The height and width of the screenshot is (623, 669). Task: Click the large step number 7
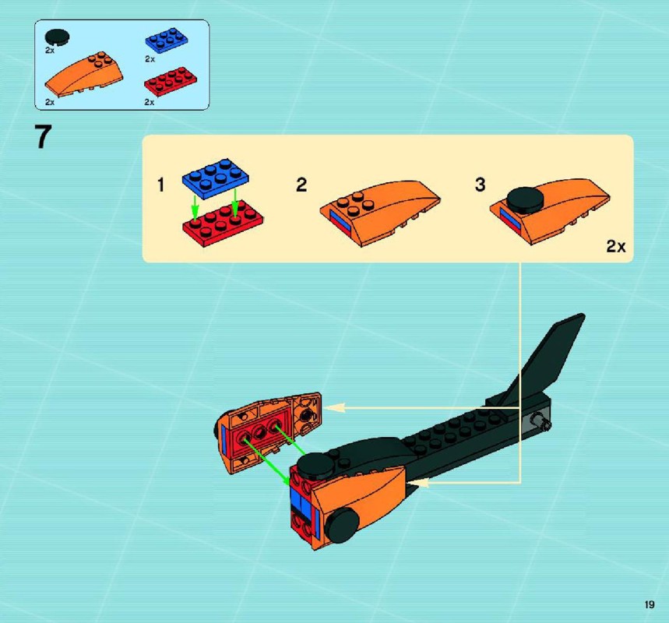(x=43, y=136)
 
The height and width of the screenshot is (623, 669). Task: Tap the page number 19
(x=650, y=604)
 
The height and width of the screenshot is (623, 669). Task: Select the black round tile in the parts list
(x=57, y=37)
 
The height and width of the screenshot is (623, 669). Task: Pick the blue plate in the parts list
(x=167, y=40)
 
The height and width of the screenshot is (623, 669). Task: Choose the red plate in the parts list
(x=171, y=81)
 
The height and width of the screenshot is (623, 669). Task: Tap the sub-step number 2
(x=301, y=185)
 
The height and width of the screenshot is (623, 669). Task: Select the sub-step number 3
(x=480, y=185)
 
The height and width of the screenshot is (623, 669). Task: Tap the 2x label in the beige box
(x=616, y=246)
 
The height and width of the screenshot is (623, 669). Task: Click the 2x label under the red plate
(x=150, y=102)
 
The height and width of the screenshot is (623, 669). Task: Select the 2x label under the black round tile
(x=50, y=51)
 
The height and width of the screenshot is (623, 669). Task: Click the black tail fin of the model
(x=544, y=358)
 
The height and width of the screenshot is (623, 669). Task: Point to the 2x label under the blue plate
(x=150, y=59)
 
